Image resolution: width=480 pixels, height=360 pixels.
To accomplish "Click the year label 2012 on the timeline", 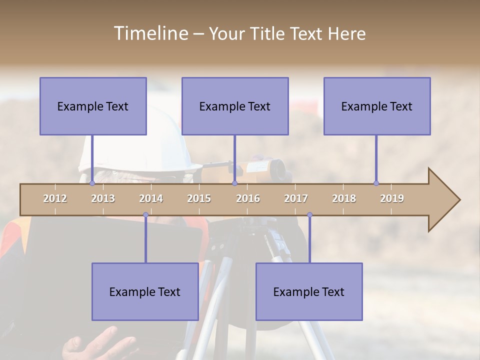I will coord(55,198).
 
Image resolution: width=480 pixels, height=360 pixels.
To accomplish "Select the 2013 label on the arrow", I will coord(103,198).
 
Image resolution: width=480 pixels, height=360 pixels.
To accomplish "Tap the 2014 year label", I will coord(151,198).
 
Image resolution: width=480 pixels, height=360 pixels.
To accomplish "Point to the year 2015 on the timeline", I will coord(199,198).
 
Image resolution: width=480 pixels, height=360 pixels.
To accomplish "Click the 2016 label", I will coord(248,198).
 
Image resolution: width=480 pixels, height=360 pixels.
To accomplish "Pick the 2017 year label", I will coord(296,198).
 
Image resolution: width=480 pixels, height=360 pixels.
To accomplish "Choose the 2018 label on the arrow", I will coord(344,198).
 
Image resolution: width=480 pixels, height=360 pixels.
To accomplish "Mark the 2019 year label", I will coord(392,198).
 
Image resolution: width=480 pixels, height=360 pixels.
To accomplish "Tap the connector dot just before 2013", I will coord(92,183).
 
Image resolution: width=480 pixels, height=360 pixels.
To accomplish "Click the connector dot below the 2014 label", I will coord(145,215).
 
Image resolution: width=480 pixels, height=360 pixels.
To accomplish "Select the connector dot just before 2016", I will coord(234,183).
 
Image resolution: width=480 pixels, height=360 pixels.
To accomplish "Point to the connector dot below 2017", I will coord(309,215).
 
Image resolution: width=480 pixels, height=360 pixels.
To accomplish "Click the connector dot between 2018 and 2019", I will coord(376,183).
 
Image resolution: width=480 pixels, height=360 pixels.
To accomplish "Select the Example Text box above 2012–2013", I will coord(93,106).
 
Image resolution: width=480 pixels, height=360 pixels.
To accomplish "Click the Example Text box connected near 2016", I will coord(235,106).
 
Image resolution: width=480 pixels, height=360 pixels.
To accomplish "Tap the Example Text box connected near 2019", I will coord(377,106).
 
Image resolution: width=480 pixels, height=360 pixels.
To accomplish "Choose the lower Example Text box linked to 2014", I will coord(145,292).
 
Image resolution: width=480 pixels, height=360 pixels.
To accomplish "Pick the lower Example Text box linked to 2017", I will coord(309,292).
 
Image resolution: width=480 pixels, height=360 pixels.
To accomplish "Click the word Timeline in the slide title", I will coord(150,33).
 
